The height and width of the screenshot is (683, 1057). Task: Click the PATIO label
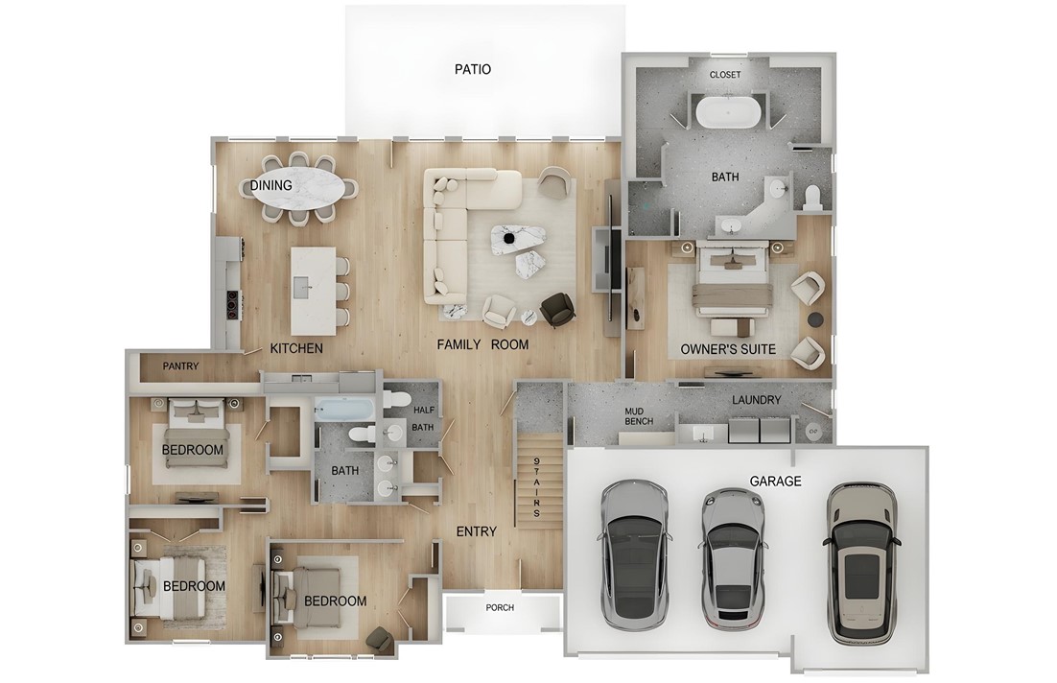point(472,69)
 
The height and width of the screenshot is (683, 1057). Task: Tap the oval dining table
point(301,188)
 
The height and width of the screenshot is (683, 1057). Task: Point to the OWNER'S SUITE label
point(728,349)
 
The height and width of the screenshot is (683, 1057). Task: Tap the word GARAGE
point(775,482)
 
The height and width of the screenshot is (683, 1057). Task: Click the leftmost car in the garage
point(634,551)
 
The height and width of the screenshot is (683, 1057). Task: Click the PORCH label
point(500,608)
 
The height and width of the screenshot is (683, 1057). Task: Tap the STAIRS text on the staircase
point(537,489)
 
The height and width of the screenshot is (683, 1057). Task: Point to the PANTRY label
point(180,366)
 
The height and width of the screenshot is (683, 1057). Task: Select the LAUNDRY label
point(756,400)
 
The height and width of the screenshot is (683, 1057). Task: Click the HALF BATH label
point(423,418)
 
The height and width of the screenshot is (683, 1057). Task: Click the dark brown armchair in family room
point(557,309)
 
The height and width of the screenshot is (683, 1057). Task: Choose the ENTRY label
point(476,531)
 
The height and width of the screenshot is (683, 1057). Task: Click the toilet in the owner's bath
point(811,197)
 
